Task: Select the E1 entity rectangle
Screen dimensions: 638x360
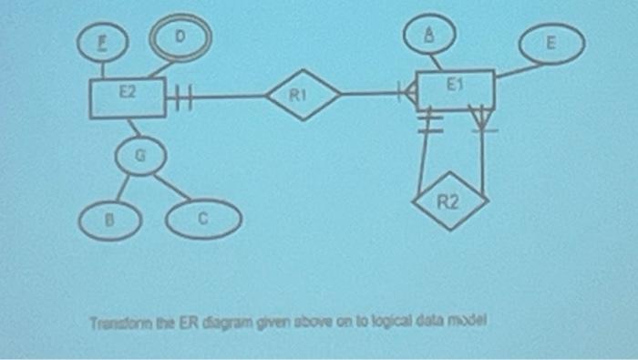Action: (x=455, y=88)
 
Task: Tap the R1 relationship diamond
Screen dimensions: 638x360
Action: (x=302, y=94)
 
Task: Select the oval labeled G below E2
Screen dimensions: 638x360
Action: (x=138, y=157)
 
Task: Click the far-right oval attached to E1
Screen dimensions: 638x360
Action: (x=551, y=46)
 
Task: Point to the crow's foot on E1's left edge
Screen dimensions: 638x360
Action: (x=409, y=91)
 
